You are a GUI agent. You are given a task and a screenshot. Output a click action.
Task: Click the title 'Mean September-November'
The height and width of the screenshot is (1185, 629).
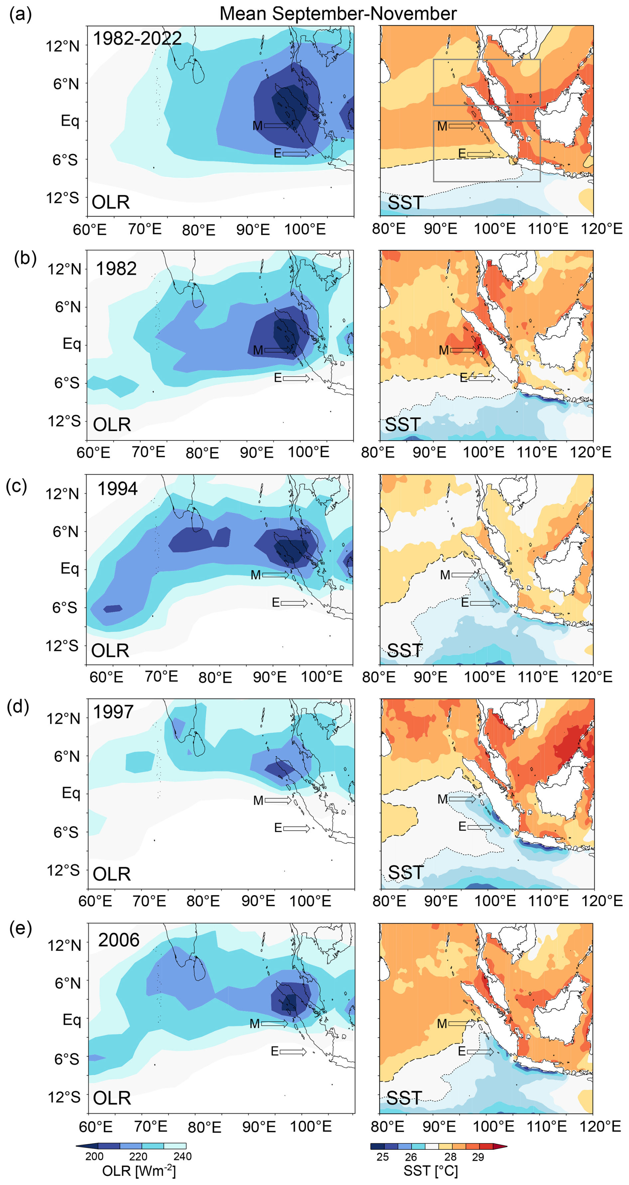tap(338, 14)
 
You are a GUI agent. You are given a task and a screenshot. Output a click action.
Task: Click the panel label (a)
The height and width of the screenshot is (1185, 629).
tap(21, 15)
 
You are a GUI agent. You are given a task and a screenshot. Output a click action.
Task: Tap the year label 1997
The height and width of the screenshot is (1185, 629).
tap(113, 712)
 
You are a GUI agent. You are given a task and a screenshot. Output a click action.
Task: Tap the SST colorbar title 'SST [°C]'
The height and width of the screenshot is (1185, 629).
tap(431, 1170)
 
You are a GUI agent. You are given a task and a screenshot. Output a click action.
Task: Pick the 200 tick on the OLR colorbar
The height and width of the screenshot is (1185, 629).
tap(94, 1156)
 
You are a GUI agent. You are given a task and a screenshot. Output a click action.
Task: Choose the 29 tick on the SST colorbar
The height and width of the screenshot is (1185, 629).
tap(478, 1156)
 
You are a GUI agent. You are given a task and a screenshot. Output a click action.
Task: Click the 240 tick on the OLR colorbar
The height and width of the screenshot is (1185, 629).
tap(182, 1156)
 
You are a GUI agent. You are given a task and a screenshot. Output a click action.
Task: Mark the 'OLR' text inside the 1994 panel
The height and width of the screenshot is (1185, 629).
tap(110, 651)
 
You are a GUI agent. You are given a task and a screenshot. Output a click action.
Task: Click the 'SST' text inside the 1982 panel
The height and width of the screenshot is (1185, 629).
tap(403, 424)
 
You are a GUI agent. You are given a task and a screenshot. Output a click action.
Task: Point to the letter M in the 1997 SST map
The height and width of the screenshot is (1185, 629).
tap(442, 799)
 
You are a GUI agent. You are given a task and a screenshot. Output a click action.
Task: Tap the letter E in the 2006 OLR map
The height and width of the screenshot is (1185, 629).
tap(275, 1051)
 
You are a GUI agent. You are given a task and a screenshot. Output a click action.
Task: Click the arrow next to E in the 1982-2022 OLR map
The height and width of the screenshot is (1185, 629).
tap(296, 153)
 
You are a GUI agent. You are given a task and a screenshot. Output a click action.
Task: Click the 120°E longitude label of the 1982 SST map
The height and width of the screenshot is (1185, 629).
tap(591, 452)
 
